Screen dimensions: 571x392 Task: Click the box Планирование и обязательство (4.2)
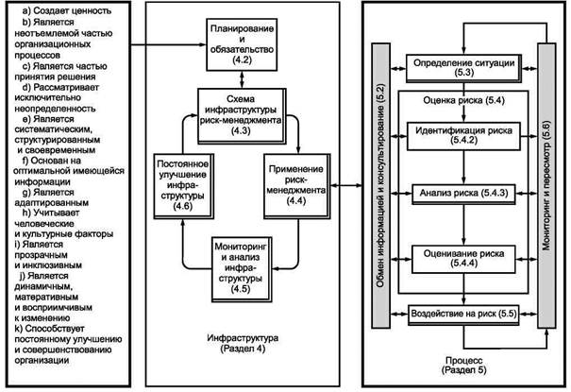pos(242,44)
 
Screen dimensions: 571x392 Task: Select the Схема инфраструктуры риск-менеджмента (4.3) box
pos(242,115)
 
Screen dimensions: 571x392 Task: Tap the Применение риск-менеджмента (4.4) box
pos(296,186)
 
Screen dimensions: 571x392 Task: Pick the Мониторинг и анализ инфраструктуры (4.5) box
pos(242,269)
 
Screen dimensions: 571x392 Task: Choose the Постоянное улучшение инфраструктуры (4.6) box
pos(183,186)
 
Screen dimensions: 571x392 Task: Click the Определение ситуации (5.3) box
pos(463,68)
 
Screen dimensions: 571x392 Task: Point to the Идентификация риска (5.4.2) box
pos(463,136)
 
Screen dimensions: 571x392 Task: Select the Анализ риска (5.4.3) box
pos(463,194)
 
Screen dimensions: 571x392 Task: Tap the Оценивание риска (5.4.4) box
pos(463,259)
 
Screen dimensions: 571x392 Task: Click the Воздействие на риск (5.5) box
pos(463,315)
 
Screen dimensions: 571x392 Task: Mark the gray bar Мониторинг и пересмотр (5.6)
pos(546,185)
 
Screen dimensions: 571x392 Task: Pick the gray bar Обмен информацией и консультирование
pos(380,185)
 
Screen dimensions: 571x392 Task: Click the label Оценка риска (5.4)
pos(463,100)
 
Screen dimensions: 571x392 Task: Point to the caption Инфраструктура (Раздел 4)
pos(243,343)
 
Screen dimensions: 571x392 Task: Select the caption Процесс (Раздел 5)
pos(464,365)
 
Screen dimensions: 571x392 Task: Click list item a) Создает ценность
pos(67,11)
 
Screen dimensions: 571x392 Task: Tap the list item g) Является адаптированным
pos(52,197)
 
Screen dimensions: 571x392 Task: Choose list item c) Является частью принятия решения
pos(60,72)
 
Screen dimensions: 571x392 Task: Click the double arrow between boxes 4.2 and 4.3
pos(242,79)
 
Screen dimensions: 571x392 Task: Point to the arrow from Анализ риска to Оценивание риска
pos(463,225)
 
